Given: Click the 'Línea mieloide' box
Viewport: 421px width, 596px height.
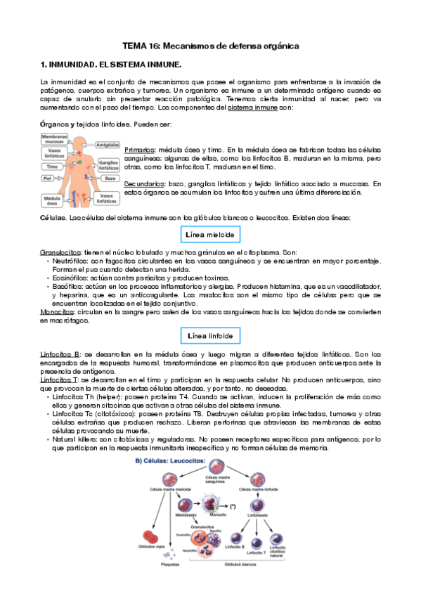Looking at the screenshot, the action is click(209, 233).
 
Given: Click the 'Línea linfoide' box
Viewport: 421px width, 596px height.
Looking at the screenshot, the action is click(209, 335).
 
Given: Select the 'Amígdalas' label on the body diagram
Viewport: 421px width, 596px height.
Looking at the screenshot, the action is click(106, 144).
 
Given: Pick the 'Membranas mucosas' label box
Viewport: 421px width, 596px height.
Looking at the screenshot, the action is click(54, 139).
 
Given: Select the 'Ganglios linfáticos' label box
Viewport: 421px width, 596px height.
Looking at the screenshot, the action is click(109, 164).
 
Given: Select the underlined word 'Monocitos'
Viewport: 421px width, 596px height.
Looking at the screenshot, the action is click(57, 311).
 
